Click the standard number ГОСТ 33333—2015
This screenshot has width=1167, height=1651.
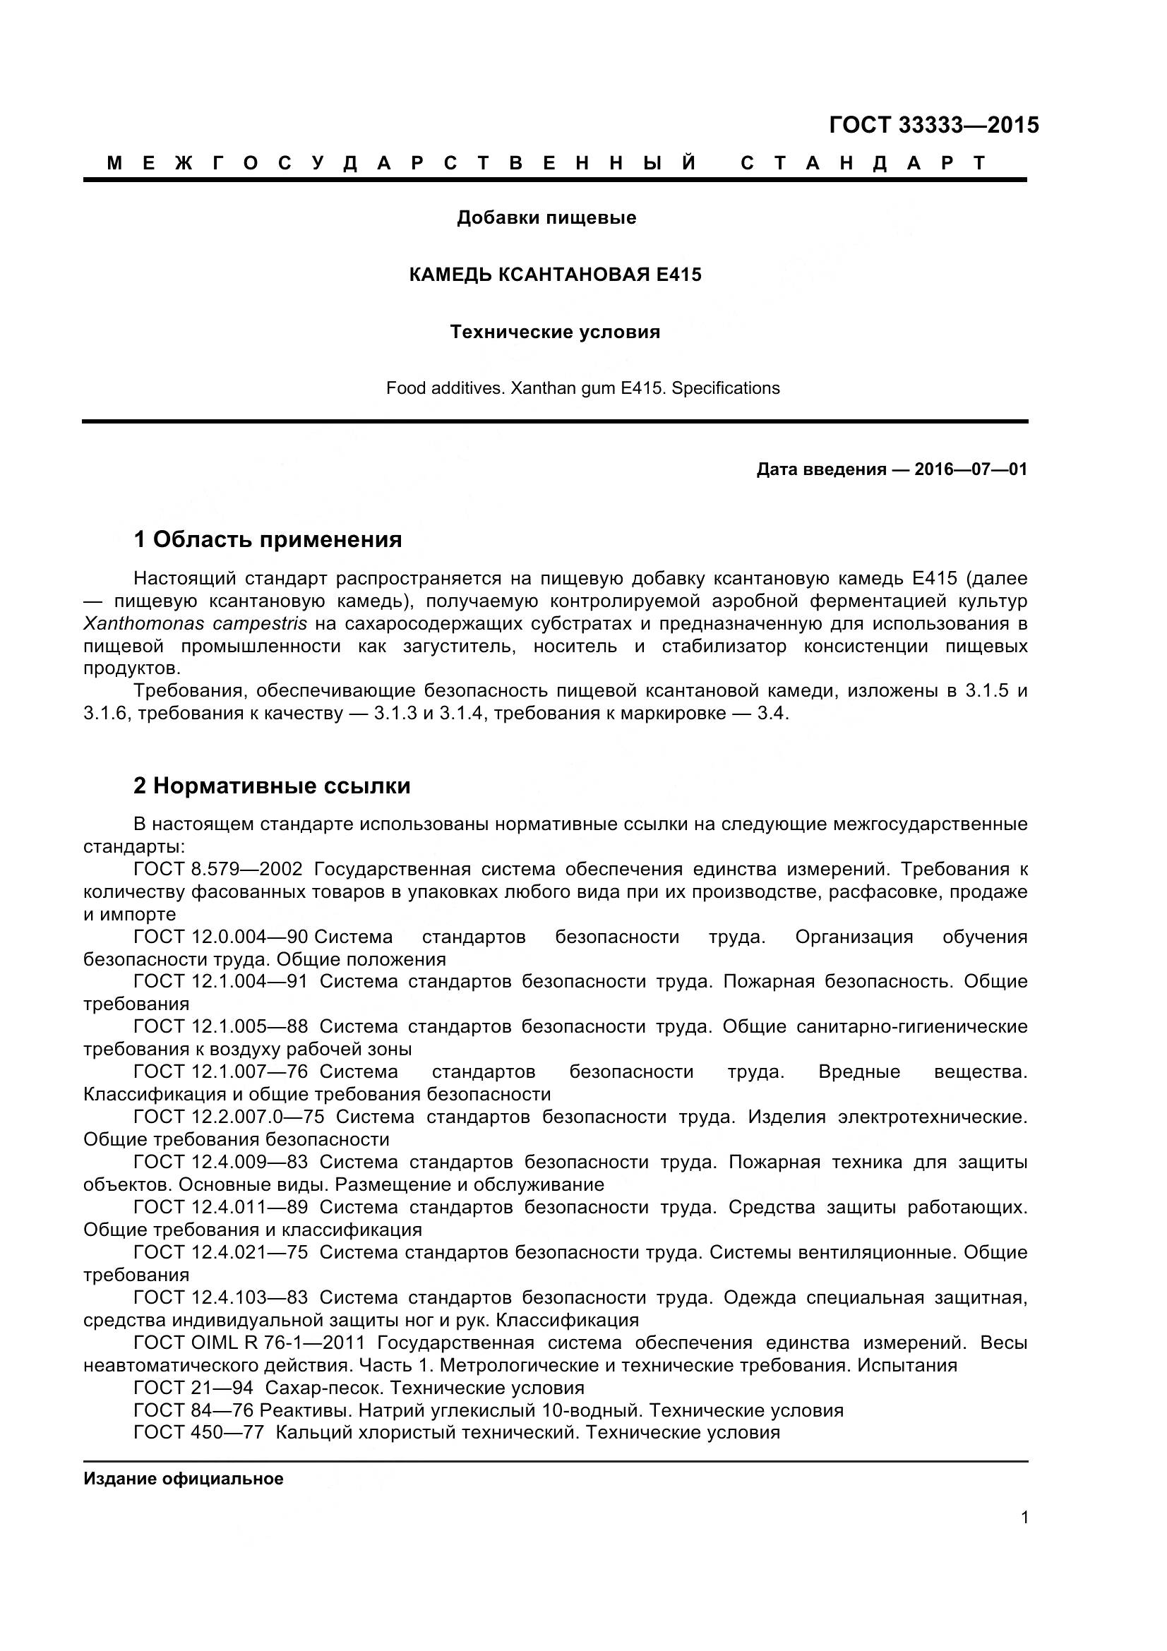point(933,125)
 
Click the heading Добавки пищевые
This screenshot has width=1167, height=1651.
point(546,217)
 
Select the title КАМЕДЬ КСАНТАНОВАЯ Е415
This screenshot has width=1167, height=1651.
point(555,275)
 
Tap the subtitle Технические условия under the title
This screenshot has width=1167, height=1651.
point(555,332)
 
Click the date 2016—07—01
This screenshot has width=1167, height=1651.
point(971,469)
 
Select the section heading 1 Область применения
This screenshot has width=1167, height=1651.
point(268,539)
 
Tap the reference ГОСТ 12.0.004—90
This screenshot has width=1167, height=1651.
point(221,937)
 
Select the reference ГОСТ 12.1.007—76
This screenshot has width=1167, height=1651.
point(221,1071)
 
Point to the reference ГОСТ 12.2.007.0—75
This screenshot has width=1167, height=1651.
point(229,1117)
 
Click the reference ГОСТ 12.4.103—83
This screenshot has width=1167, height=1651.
point(221,1297)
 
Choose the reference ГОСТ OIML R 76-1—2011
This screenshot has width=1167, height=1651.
point(249,1343)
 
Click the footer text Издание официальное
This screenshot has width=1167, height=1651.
point(184,1479)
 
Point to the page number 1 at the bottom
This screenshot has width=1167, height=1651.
point(1024,1537)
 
